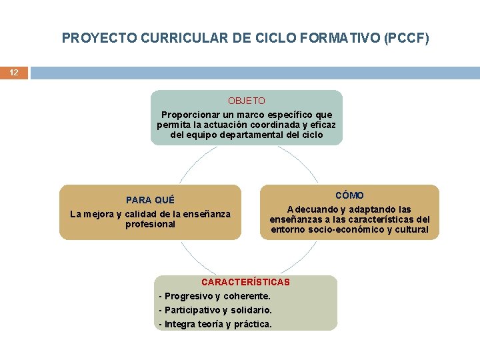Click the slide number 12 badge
pyautogui.click(x=14, y=72)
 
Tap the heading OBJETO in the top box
pyautogui.click(x=246, y=101)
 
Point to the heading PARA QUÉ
pyautogui.click(x=150, y=200)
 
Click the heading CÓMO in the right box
pyautogui.click(x=349, y=195)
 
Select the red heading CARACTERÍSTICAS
pyautogui.click(x=245, y=282)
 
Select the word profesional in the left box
pyautogui.click(x=150, y=224)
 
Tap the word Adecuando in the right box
pyautogui.click(x=311, y=209)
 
